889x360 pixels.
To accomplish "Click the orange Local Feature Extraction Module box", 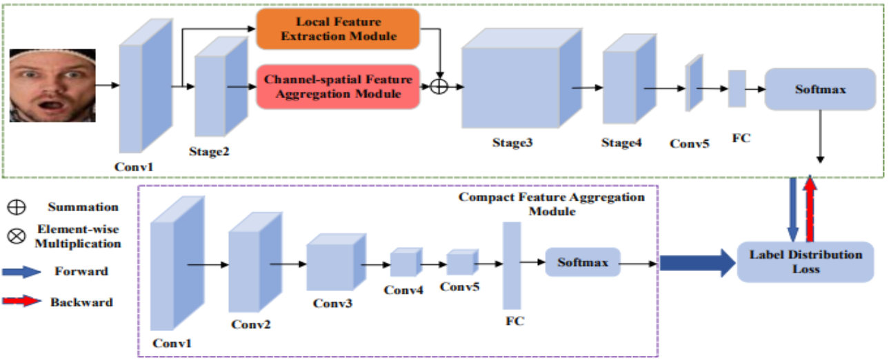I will click(337, 28).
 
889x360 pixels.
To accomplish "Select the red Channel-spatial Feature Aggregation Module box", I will click(338, 86).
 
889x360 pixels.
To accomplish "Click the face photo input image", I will click(52, 86).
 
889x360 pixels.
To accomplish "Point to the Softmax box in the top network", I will click(819, 89).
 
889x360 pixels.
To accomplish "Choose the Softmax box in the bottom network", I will click(583, 262).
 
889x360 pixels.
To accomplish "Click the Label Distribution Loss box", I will click(805, 261).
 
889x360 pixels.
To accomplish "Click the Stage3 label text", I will click(512, 143).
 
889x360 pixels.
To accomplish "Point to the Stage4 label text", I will click(621, 143).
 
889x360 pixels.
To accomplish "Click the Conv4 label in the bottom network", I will click(402, 290).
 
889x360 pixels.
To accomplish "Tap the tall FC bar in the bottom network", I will click(512, 266).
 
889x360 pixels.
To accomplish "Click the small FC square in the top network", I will click(737, 88).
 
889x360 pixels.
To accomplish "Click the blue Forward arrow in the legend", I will click(20, 272).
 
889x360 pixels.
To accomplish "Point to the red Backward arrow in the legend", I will click(20, 302).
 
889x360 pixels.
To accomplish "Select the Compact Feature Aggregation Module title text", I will click(552, 203).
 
